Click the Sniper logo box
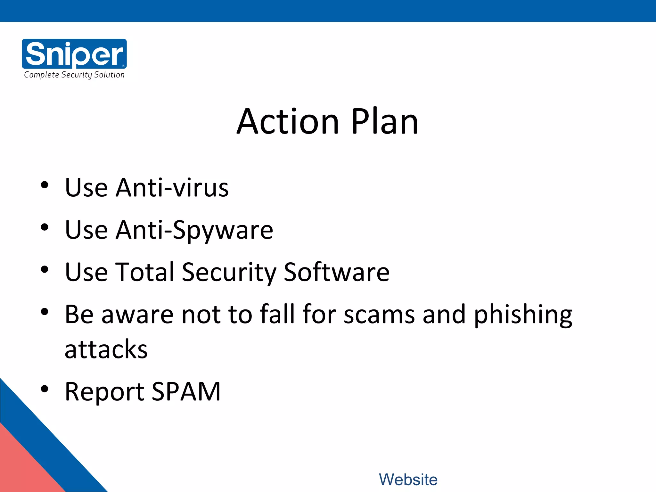pos(74,53)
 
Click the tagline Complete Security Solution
pos(74,75)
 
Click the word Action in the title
pos(288,122)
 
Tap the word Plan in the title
pos(385,122)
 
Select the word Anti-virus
pos(172,188)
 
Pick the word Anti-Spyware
pos(194,230)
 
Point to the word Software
pos(336,272)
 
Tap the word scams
pos(379,315)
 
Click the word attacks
pos(106,349)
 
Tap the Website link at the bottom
pos(408,480)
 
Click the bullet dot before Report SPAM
pos(45,389)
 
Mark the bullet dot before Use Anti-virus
pos(45,185)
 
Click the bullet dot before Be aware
pos(45,312)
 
